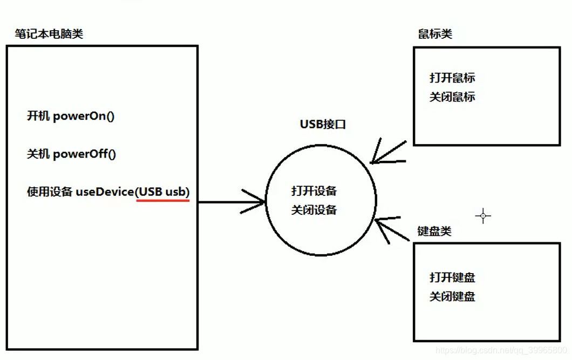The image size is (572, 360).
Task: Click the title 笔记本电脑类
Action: [x=49, y=35]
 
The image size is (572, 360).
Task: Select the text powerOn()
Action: [x=84, y=116]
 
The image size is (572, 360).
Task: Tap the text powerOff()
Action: [x=85, y=154]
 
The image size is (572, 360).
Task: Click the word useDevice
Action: [x=105, y=192]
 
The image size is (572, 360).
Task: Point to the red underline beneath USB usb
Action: [x=163, y=200]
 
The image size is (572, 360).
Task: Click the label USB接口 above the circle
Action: [x=322, y=125]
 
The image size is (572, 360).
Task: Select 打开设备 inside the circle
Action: [x=314, y=191]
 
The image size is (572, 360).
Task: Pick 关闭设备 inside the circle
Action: [x=314, y=210]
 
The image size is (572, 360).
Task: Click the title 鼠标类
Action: [x=435, y=34]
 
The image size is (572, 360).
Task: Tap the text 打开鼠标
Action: [x=452, y=78]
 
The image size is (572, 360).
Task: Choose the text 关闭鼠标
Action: [x=452, y=97]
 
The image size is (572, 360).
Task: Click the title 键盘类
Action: [x=434, y=231]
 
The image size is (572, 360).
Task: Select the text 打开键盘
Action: [x=452, y=277]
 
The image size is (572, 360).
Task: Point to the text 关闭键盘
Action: [x=452, y=296]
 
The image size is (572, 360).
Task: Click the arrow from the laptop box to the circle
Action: [x=232, y=202]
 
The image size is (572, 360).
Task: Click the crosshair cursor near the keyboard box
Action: [x=482, y=216]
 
